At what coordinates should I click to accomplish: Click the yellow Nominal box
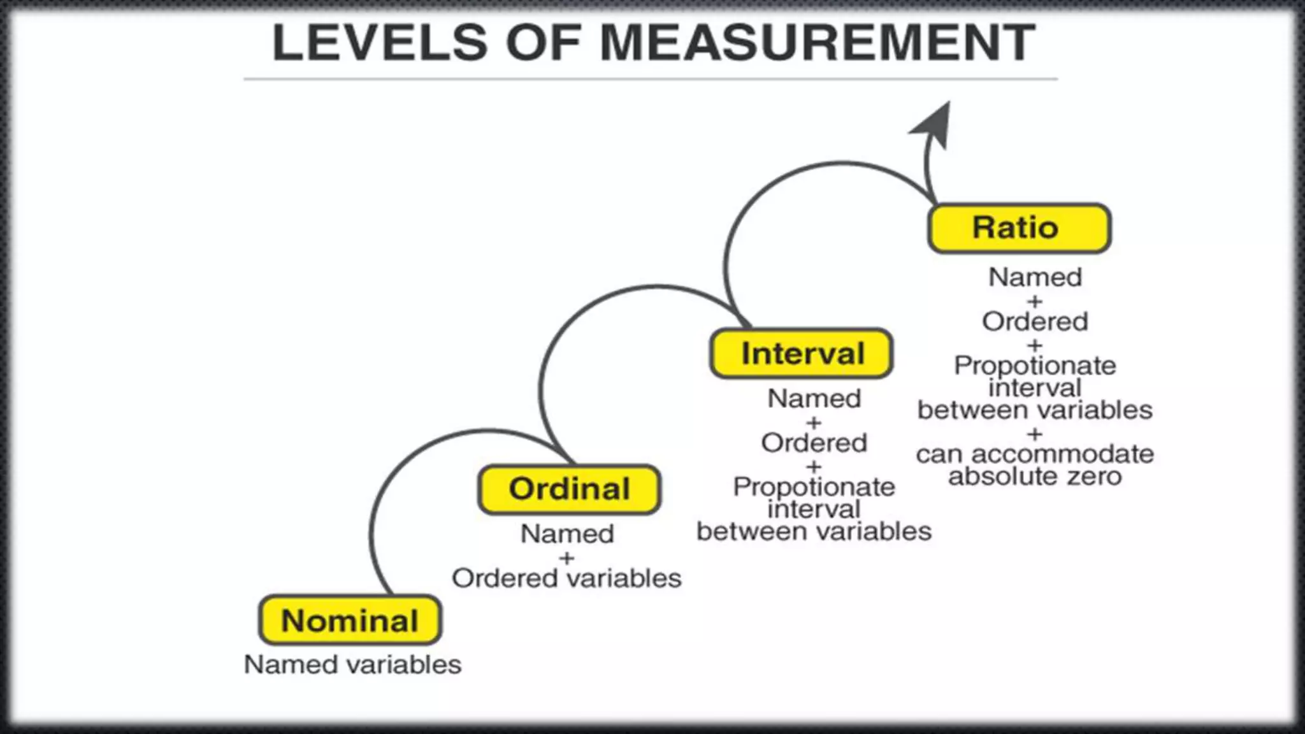point(350,621)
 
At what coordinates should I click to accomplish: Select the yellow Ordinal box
point(569,489)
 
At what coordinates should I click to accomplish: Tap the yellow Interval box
point(802,354)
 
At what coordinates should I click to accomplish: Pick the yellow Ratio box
point(1019,228)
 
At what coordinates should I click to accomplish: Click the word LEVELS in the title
point(380,43)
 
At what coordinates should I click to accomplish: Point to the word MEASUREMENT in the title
point(818,43)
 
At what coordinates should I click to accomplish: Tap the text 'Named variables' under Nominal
point(352,665)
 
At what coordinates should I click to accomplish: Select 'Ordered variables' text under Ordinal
point(566,579)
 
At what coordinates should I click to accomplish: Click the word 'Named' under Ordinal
point(567,534)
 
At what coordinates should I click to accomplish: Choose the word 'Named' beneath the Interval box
point(814,399)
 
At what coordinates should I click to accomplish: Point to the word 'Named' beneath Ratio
point(1035,278)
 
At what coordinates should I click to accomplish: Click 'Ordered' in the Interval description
point(814,443)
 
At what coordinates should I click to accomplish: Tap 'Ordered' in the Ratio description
point(1035,322)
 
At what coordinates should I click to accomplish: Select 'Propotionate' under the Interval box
point(814,487)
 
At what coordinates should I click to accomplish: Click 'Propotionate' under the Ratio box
point(1035,366)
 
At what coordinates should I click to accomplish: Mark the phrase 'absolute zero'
point(1035,477)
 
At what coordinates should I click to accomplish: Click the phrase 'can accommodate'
point(1035,454)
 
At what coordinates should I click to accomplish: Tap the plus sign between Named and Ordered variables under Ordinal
point(566,558)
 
